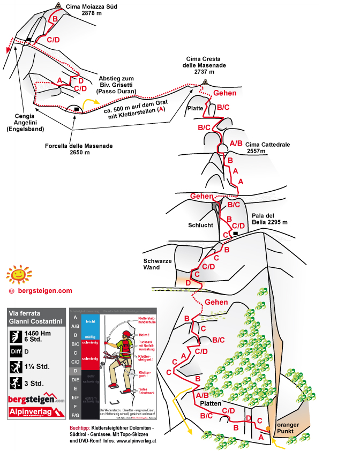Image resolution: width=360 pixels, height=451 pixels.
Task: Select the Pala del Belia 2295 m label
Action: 269,219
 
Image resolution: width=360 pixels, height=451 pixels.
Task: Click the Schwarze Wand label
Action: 156,264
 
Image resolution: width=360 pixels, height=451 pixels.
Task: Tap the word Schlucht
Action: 200,225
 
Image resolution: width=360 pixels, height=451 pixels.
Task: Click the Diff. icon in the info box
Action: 17,352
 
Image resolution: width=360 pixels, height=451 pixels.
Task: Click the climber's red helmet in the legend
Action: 126,335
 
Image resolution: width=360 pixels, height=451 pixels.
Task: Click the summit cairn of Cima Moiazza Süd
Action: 58,6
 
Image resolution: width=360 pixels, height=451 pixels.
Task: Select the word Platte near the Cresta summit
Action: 195,108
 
